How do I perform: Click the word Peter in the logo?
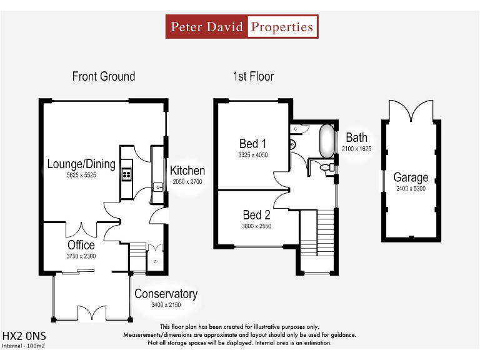click(x=186, y=27)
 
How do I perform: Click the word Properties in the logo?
click(x=282, y=27)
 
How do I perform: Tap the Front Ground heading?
click(x=104, y=76)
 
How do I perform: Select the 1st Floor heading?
click(x=253, y=76)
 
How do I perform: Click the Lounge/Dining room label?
click(x=81, y=164)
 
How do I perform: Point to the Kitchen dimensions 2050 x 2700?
click(x=187, y=182)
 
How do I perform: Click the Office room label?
click(x=81, y=245)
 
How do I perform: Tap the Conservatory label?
click(x=166, y=294)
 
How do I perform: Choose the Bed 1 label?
click(x=253, y=144)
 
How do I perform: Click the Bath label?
click(x=357, y=137)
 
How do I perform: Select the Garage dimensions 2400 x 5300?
click(x=411, y=188)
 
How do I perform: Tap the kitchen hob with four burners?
click(x=127, y=169)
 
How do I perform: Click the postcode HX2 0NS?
click(x=24, y=336)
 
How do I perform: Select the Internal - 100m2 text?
click(x=23, y=345)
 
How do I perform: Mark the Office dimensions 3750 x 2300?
click(x=81, y=256)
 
